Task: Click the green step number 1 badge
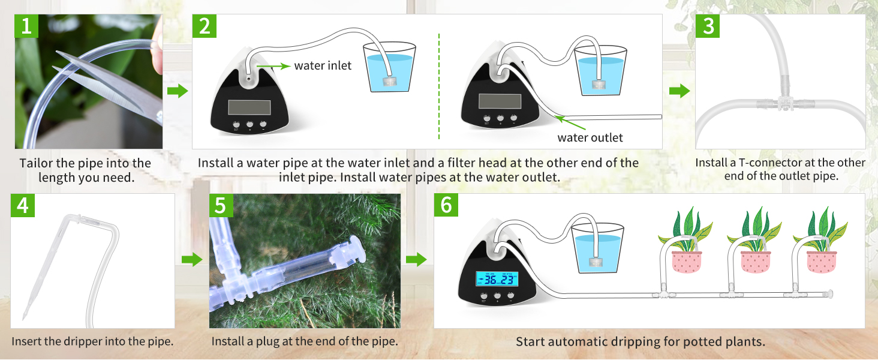26,26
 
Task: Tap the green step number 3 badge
708,26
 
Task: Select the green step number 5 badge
221,205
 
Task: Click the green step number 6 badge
446,205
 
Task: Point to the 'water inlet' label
323,65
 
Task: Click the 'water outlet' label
590,137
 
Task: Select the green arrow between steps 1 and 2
177,91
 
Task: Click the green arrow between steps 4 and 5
191,260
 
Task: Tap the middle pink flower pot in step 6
755,262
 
